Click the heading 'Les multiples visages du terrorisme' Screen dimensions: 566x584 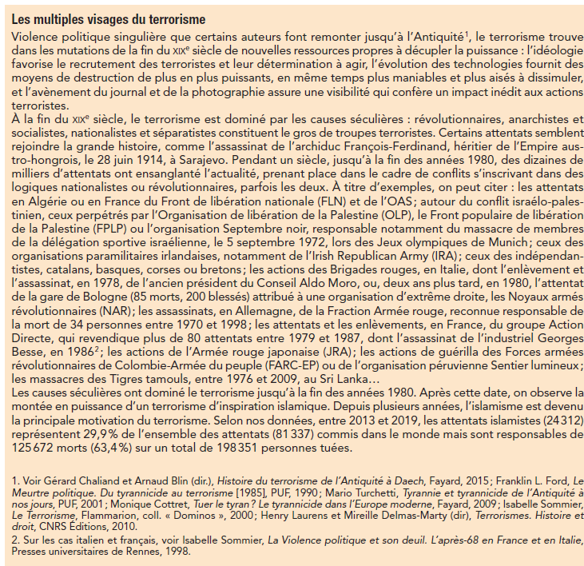coord(108,18)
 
